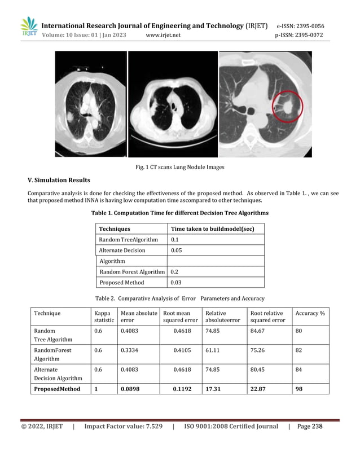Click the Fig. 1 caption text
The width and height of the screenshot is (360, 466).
(x=179, y=166)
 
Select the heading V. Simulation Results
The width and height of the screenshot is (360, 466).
(x=59, y=181)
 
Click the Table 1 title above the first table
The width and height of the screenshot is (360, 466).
(x=179, y=213)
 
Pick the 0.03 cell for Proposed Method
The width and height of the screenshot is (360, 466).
(x=177, y=282)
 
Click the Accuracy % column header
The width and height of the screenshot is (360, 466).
(x=310, y=313)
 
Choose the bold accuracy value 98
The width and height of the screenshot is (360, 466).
(x=299, y=389)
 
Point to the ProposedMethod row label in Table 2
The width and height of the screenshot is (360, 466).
(x=57, y=389)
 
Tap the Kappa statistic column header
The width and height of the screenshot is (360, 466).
(x=102, y=316)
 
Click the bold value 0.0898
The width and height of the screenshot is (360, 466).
(x=131, y=389)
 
